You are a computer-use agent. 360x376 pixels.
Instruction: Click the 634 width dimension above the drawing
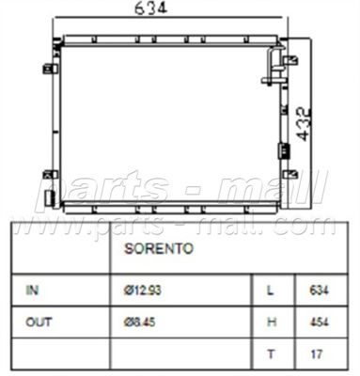tap(150, 8)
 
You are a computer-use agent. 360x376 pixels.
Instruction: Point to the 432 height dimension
tap(303, 124)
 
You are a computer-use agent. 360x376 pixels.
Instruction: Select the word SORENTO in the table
tap(159, 248)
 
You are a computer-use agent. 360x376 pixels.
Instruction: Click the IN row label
tap(32, 290)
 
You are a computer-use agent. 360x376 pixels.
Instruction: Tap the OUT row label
tap(39, 322)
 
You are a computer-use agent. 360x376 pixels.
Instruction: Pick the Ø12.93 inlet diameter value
tap(142, 290)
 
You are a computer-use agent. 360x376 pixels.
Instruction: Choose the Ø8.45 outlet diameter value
tap(139, 322)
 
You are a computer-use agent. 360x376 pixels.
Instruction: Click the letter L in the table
tap(271, 290)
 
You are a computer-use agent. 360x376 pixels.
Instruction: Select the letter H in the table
tap(272, 321)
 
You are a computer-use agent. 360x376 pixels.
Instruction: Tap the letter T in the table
tap(271, 354)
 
